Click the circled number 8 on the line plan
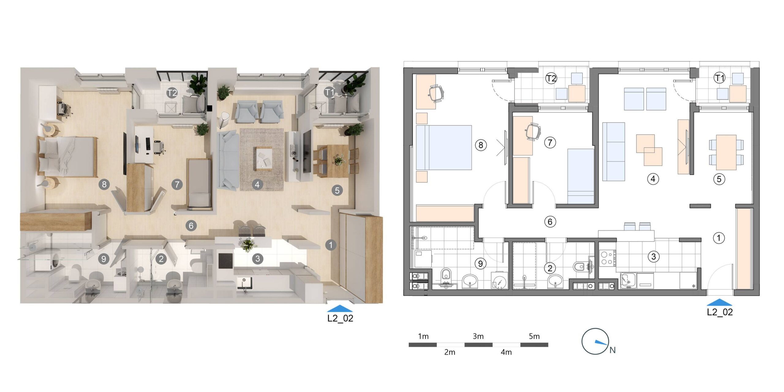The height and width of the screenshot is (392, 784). point(481,145)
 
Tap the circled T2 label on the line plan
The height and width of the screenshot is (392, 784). point(551,78)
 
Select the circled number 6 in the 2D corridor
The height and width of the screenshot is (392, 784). point(550,221)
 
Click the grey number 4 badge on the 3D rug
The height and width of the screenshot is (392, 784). point(257,184)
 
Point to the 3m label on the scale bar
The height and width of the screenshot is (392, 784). point(478,336)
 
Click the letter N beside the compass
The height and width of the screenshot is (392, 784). point(612,350)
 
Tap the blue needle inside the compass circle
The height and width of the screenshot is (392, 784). point(601,343)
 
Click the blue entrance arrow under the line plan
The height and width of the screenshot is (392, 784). point(719,302)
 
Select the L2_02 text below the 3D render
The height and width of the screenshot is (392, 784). point(340,318)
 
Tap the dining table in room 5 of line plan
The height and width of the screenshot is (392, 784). point(726,152)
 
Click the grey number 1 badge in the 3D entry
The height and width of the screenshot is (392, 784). point(330,245)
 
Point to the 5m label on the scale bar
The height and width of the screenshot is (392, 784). point(534,336)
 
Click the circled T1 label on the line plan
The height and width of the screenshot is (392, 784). point(719,78)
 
